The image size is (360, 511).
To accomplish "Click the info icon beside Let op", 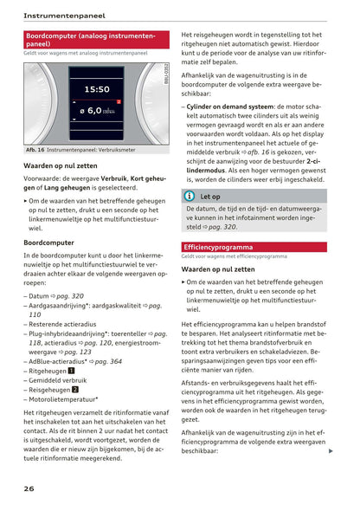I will click(190, 197).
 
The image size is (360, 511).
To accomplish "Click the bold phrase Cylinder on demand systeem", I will click(228, 107).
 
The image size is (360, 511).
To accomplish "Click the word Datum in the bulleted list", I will click(39, 295).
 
